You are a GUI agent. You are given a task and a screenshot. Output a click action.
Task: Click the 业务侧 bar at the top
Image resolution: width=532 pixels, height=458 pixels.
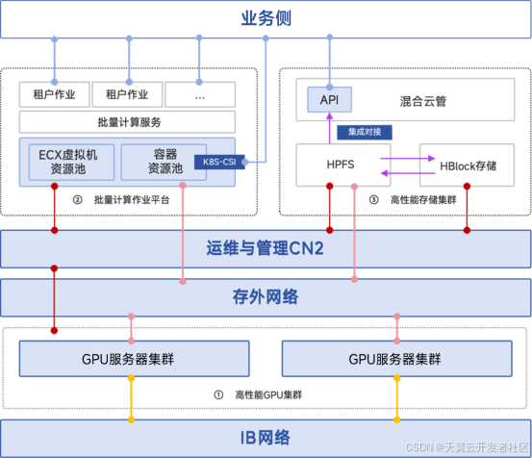pos(266,19)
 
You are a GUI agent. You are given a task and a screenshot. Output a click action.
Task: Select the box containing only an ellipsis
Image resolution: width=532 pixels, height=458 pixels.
pos(199,94)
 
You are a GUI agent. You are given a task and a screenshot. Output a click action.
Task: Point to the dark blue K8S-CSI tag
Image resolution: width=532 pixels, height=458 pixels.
pos(217,162)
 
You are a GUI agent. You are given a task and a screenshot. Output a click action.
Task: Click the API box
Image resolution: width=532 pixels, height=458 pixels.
pos(329,98)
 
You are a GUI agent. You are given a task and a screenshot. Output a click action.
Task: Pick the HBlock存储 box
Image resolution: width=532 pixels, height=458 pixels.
pos(467,165)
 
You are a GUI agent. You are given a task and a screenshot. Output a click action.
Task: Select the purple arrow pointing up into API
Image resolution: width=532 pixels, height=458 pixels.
pos(329,127)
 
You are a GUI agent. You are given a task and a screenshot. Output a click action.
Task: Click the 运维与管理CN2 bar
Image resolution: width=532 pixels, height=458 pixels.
pos(266,249)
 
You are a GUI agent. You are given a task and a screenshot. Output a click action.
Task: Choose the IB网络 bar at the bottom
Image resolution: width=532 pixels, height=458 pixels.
pos(266,438)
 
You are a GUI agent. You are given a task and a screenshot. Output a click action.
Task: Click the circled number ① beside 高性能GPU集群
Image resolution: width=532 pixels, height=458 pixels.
pos(216,394)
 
